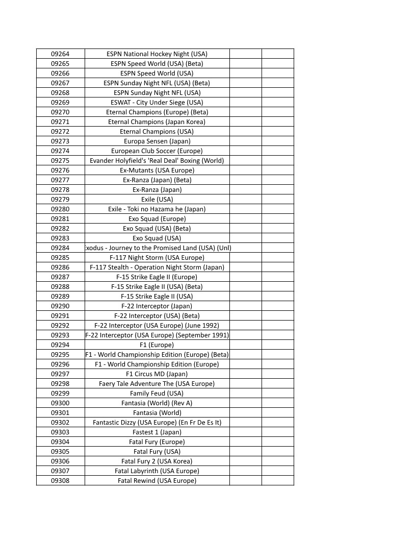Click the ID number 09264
60,54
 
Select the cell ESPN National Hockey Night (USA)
157,54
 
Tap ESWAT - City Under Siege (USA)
157,102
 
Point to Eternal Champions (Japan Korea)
157,121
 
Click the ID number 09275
60,160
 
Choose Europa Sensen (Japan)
157,141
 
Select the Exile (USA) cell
157,199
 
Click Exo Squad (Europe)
157,218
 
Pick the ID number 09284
60,248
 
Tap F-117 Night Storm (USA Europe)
157,257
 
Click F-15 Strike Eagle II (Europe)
157,277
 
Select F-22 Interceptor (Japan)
157,306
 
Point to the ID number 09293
60,335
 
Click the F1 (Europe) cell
157,345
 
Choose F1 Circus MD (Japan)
157,374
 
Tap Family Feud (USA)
157,393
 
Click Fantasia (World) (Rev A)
157,403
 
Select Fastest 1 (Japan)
157,432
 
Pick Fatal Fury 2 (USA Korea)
157,461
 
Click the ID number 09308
60,480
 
